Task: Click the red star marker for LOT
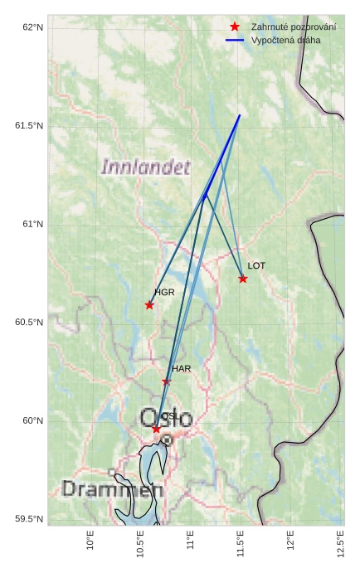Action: [x=242, y=279]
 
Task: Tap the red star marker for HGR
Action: [x=149, y=305]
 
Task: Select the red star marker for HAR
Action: [x=166, y=381]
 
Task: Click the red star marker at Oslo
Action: [x=156, y=429]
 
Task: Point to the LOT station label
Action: [x=256, y=266]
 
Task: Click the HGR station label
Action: [x=164, y=293]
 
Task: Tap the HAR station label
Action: [x=182, y=368]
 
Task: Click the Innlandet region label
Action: [x=145, y=167]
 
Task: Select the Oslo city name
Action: [x=166, y=417]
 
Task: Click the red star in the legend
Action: [x=235, y=27]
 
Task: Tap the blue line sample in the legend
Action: [x=235, y=40]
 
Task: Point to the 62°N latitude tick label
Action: [x=32, y=27]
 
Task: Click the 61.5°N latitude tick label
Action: [x=29, y=126]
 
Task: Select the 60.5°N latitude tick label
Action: [x=29, y=323]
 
